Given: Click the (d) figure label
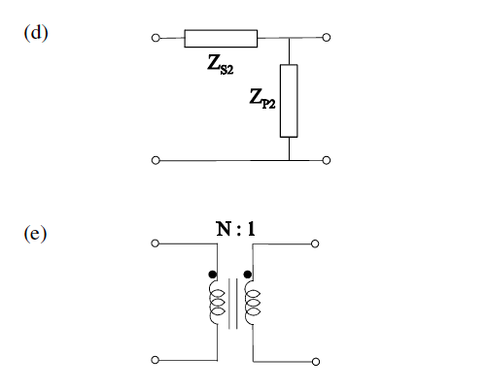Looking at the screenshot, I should tap(37, 31).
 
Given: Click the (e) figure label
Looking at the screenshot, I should tap(37, 234).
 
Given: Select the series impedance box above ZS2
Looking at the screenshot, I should tap(221, 39).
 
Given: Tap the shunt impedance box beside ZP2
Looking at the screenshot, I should tap(290, 101).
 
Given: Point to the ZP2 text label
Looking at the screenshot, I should tap(262, 100).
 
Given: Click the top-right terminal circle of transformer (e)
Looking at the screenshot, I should tap(314, 243).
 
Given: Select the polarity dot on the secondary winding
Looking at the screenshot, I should tap(249, 275).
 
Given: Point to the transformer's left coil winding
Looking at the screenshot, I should tap(216, 306).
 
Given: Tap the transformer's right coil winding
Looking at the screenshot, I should tap(253, 306).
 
